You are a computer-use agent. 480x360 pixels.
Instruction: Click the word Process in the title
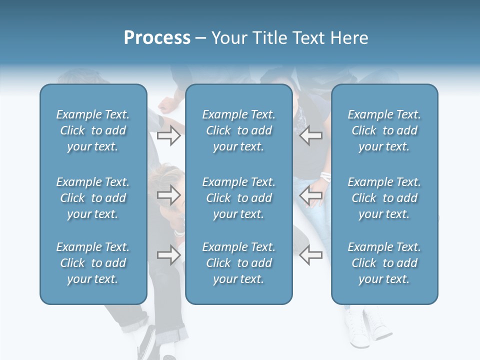pyautogui.click(x=157, y=38)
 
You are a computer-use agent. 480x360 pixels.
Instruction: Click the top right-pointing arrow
pyautogui.click(x=168, y=135)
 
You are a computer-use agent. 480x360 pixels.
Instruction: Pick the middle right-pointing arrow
pyautogui.click(x=168, y=195)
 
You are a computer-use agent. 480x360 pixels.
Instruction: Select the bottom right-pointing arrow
pyautogui.click(x=168, y=255)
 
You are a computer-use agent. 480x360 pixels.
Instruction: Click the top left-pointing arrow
pyautogui.click(x=310, y=135)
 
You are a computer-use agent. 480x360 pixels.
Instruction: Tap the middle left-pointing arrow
pyautogui.click(x=310, y=195)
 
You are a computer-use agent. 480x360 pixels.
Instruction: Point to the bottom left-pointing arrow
pyautogui.click(x=310, y=255)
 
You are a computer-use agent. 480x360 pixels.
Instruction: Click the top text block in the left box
pyautogui.click(x=93, y=130)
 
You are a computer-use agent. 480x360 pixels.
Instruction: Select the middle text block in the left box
pyautogui.click(x=93, y=198)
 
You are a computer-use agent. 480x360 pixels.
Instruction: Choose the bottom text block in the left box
pyautogui.click(x=93, y=263)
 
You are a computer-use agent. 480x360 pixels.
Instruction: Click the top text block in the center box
pyautogui.click(x=238, y=130)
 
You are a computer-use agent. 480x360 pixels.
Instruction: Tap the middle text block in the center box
pyautogui.click(x=238, y=198)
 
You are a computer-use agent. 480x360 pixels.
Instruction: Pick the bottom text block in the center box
pyautogui.click(x=238, y=263)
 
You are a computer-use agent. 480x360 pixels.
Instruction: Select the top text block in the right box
pyautogui.click(x=384, y=130)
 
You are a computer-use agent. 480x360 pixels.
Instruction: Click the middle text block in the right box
pyautogui.click(x=384, y=198)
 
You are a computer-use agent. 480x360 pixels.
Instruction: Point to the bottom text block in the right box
pyautogui.click(x=384, y=263)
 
